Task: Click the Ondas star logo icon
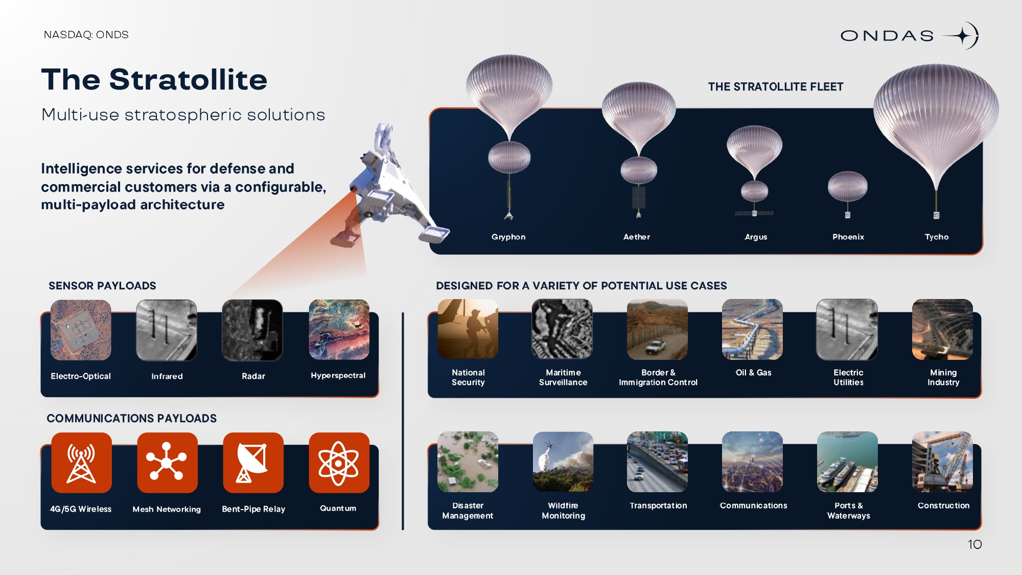[x=962, y=36]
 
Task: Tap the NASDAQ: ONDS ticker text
[x=86, y=35]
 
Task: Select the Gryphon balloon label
[x=508, y=237]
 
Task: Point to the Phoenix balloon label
[x=848, y=237]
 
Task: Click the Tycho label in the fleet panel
[x=937, y=237]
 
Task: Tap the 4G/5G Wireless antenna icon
[x=81, y=463]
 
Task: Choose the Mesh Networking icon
[x=167, y=463]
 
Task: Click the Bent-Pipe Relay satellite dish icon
[x=253, y=463]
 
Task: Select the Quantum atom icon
[x=339, y=463]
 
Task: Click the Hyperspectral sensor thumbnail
[x=339, y=330]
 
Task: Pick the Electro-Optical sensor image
[x=81, y=330]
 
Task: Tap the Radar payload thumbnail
[x=252, y=330]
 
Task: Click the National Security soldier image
[x=468, y=329]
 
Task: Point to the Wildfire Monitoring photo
[x=563, y=462]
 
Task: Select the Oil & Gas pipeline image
[x=752, y=329]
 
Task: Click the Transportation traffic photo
[x=657, y=462]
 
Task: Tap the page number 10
[x=974, y=544]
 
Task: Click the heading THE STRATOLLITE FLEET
[x=776, y=87]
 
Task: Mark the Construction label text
[x=943, y=505]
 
